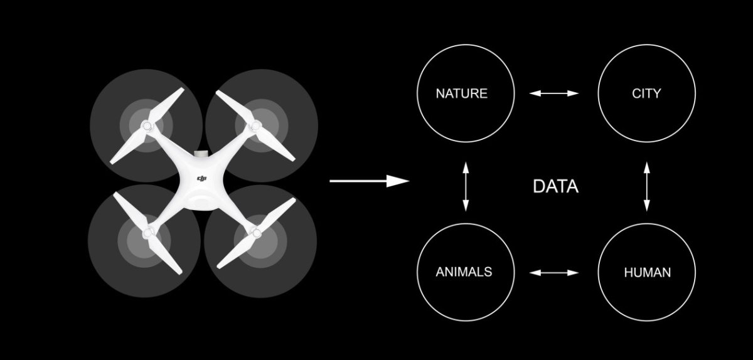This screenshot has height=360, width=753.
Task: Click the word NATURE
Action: point(462,93)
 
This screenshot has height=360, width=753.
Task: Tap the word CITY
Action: point(646,93)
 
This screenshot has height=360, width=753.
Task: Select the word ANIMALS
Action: point(464,272)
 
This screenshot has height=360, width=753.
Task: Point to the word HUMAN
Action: point(648,272)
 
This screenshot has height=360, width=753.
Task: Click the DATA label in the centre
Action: point(556,186)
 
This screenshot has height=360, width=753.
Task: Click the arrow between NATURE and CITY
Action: point(554,93)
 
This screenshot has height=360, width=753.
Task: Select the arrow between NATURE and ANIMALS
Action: point(466,186)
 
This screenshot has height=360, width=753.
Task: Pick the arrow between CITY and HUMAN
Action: point(646,186)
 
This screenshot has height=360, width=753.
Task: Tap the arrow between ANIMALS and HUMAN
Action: point(554,272)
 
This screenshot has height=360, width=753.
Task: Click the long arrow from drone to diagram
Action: point(369,181)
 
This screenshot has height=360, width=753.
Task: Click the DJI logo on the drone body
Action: point(201,179)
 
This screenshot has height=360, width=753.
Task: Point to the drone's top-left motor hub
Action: point(147,126)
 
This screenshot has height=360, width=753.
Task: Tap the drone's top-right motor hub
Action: point(255,126)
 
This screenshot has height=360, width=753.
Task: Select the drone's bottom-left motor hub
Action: point(148,233)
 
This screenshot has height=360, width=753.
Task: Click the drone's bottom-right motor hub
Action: point(256,232)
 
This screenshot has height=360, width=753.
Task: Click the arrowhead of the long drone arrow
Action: point(398,181)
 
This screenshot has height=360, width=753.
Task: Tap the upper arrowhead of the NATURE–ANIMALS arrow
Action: point(466,167)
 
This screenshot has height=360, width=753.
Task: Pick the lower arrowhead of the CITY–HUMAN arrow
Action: point(646,205)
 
